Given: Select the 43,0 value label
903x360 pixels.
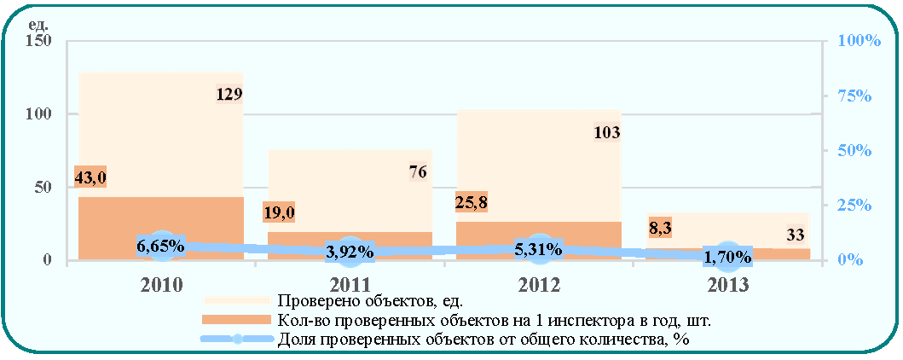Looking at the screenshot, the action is tap(90, 177).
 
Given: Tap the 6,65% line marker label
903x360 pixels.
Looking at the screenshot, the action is tap(160, 246).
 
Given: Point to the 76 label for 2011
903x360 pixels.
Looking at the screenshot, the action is tap(418, 171).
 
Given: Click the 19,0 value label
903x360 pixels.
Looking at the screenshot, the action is tap(280, 212).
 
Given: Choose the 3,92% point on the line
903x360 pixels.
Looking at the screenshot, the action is tap(350, 252).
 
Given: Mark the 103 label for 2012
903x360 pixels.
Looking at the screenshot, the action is tap(606, 133).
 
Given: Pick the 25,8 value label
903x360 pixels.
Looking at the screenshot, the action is tap(472, 201).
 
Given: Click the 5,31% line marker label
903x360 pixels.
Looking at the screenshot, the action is tap(538, 249).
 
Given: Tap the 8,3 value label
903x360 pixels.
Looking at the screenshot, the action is tap(657, 227).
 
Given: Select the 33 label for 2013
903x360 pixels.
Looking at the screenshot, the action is tap(796, 235).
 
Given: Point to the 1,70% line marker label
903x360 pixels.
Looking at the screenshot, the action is tap(727, 256).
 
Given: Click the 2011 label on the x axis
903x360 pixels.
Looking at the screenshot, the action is tap(350, 285).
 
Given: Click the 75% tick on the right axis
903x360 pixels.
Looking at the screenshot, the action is tap(854, 96).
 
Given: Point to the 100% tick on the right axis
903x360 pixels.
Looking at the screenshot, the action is tap(859, 42).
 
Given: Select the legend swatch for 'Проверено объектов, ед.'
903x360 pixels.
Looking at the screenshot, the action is tap(237, 300).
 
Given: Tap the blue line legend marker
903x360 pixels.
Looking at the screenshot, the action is tap(237, 340).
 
